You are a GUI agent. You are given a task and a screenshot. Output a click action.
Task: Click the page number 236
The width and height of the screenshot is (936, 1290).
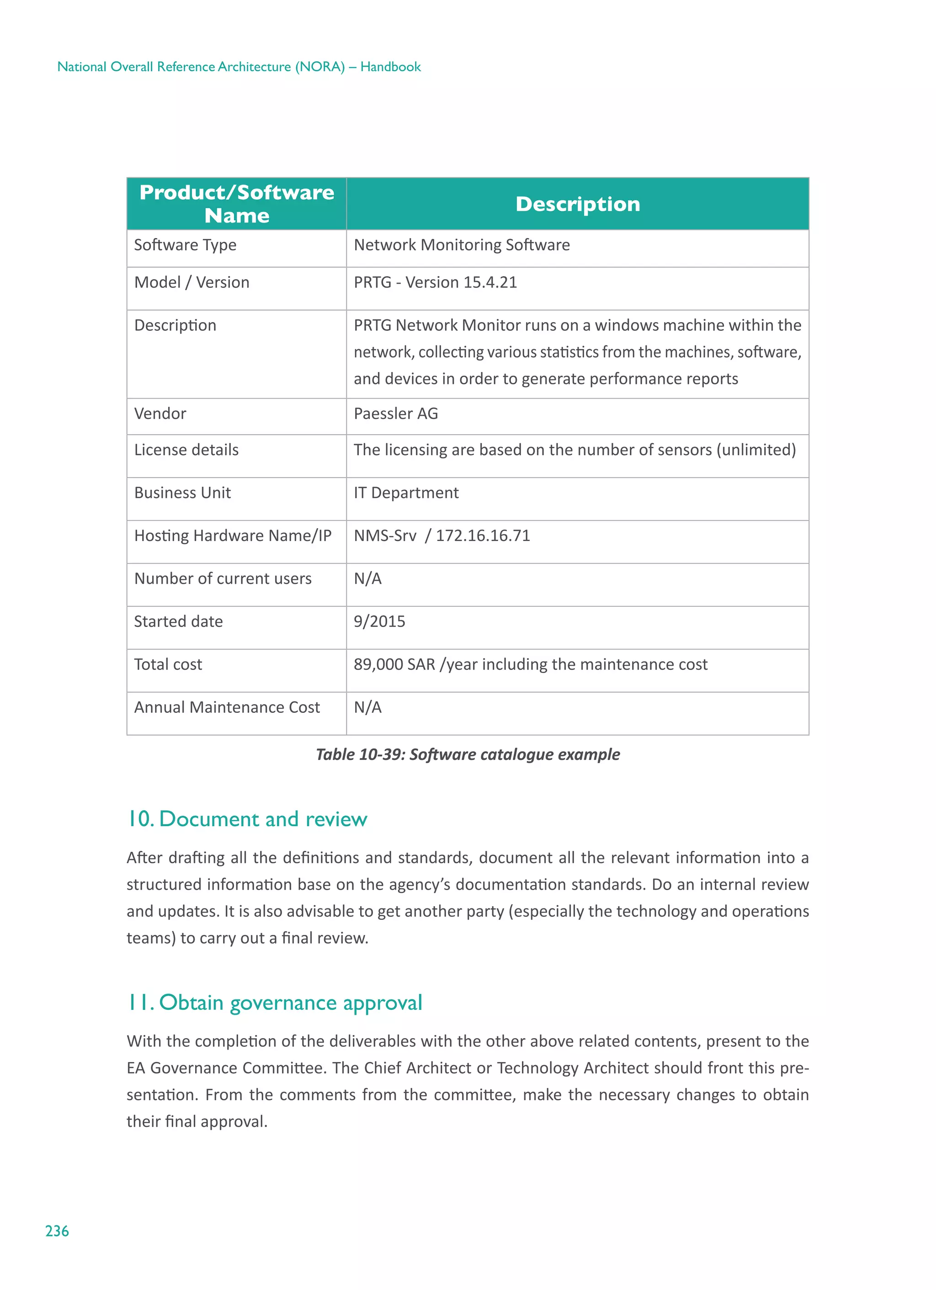coord(57,1231)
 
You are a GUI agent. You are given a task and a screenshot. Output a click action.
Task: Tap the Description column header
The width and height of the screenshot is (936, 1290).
coord(578,204)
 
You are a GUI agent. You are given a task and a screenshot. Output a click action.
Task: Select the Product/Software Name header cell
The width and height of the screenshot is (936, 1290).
coord(237,204)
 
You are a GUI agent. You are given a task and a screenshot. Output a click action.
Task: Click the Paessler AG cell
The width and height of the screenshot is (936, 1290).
coord(396,414)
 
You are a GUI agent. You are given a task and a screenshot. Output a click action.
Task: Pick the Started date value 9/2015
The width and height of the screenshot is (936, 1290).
coord(379,621)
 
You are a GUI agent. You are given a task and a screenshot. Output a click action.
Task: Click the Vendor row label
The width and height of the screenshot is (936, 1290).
coord(160,414)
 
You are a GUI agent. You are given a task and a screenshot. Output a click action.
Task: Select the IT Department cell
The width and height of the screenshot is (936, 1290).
coord(406,493)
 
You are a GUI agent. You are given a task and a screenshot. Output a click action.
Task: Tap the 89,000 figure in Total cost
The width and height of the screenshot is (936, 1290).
coord(374,664)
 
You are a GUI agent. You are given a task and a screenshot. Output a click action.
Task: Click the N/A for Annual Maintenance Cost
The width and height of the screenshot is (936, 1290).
coord(367,707)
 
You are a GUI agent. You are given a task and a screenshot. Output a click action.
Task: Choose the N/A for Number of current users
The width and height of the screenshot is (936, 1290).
coord(367,579)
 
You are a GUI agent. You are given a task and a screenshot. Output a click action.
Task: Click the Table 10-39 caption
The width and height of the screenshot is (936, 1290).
coord(468,754)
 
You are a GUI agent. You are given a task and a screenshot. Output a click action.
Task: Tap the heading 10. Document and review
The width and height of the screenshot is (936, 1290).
coord(247,819)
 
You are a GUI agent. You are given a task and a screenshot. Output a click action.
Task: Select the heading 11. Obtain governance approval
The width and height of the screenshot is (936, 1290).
coord(274,1002)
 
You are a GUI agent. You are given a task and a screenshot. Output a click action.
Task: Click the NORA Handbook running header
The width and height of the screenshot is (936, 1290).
coord(239,67)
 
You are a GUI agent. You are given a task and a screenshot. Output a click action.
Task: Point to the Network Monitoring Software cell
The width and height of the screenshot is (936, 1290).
coord(462,245)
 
